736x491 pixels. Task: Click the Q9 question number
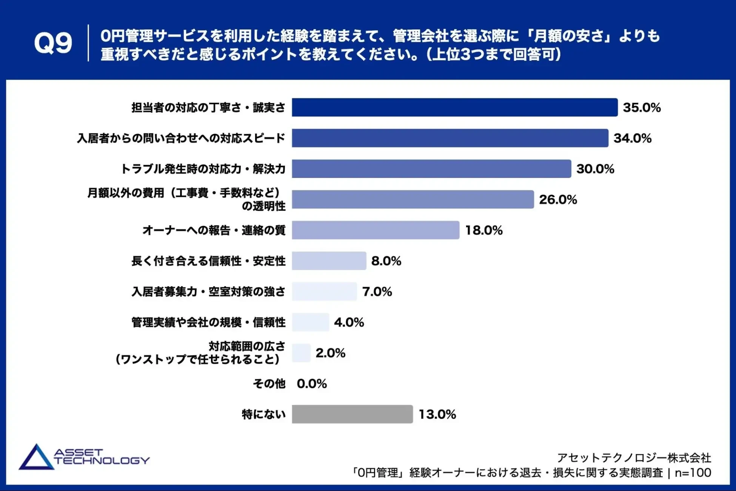(53, 43)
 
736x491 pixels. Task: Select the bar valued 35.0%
(454, 107)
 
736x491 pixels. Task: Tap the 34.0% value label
(632, 138)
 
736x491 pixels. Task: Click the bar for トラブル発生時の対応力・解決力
(431, 169)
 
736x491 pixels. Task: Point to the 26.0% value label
(558, 199)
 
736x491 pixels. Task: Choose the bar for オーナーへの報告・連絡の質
(376, 230)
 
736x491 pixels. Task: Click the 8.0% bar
(329, 261)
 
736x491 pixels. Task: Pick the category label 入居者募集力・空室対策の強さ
(208, 292)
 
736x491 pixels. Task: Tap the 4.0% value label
(349, 322)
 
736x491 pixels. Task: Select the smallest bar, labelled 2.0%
(301, 353)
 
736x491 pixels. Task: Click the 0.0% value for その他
(312, 384)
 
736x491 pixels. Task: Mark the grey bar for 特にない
(352, 414)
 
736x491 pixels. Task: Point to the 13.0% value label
(437, 414)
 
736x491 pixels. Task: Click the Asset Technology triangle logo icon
(36, 457)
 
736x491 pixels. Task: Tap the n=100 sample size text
(693, 472)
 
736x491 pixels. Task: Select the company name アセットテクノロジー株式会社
(634, 458)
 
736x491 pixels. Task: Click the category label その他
(269, 384)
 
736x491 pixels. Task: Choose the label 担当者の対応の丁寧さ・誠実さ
(208, 108)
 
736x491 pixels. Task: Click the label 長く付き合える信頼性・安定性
(208, 261)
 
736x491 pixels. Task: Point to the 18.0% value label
(483, 230)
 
